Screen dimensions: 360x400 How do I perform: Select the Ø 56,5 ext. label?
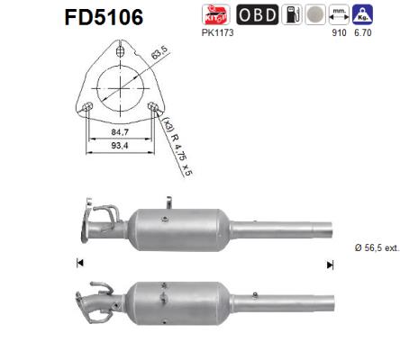pyautogui.click(x=371, y=247)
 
